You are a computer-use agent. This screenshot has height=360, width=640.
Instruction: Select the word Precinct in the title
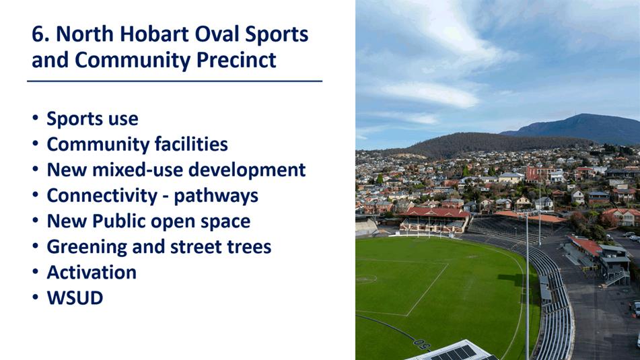click(x=236, y=60)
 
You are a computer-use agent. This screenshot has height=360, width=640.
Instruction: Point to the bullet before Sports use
click(x=36, y=118)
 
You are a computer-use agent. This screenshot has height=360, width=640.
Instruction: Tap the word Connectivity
click(x=102, y=196)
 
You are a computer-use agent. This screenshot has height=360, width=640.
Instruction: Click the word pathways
click(x=216, y=196)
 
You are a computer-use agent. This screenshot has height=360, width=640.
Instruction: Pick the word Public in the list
click(x=118, y=221)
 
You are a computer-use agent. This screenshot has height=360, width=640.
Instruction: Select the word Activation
click(x=92, y=273)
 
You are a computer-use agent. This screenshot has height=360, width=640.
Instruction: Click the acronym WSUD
click(x=75, y=298)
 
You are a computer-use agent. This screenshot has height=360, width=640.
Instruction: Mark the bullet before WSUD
click(x=36, y=297)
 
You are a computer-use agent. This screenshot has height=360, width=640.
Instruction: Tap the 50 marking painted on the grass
click(x=422, y=344)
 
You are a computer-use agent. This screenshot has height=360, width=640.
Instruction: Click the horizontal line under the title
click(x=175, y=81)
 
